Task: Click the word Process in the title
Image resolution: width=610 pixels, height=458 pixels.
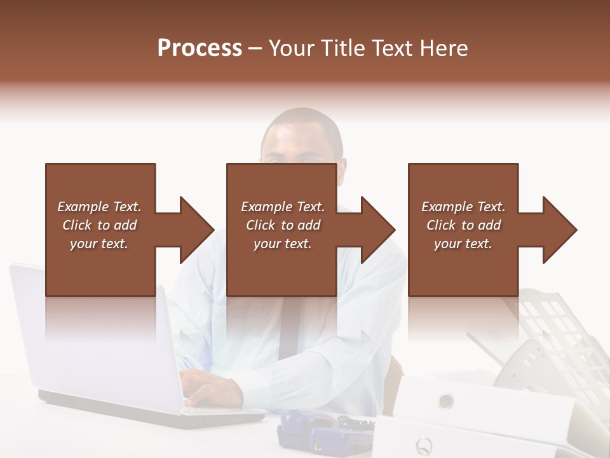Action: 200,48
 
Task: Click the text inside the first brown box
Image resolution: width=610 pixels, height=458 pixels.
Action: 99,225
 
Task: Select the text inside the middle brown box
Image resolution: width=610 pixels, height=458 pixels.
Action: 283,225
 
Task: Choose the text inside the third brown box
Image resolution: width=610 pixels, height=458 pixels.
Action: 463,225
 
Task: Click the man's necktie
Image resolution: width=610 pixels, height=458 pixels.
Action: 289,331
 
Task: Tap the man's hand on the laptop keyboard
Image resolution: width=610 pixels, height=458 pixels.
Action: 213,388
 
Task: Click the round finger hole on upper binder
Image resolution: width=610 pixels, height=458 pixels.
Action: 446,401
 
